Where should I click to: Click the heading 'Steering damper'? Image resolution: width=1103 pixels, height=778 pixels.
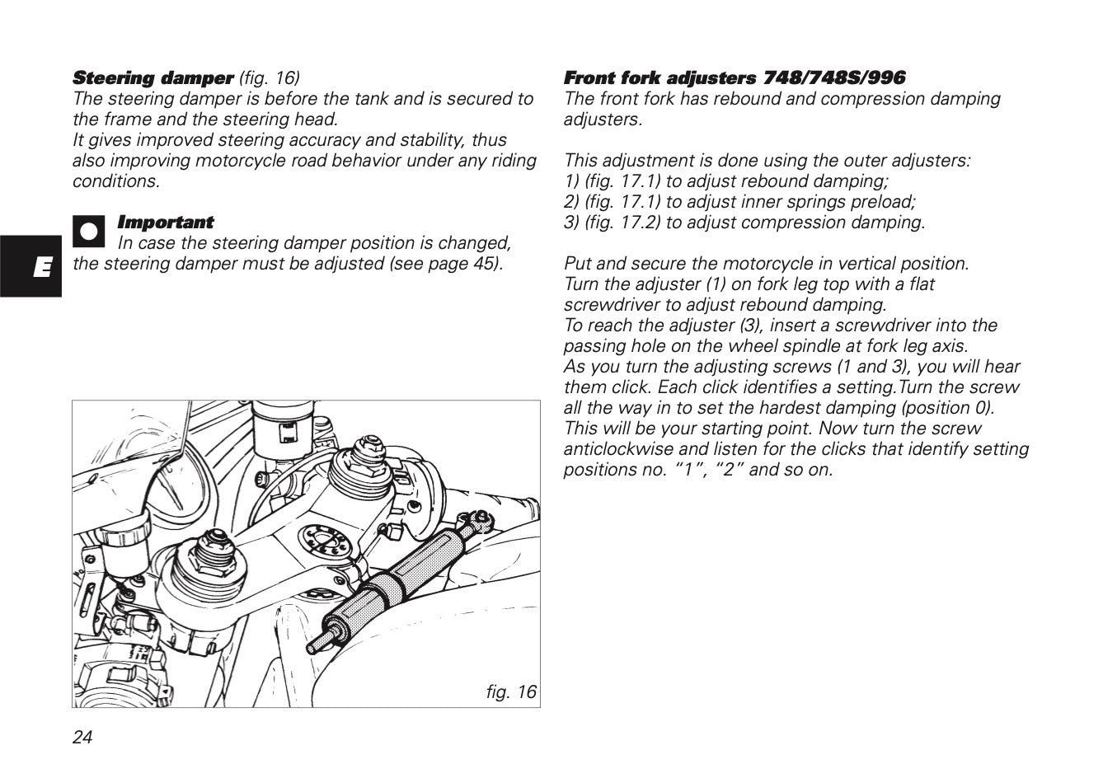(x=153, y=78)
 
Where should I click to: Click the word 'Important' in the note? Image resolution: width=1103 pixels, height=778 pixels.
(x=165, y=223)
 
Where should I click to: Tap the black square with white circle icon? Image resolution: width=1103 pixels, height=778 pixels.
(x=88, y=231)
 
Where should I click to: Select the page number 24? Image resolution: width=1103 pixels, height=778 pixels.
(x=82, y=737)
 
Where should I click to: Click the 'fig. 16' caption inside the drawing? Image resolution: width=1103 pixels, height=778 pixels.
(x=510, y=691)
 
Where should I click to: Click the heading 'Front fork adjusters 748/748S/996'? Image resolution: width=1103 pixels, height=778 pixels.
(x=734, y=78)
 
